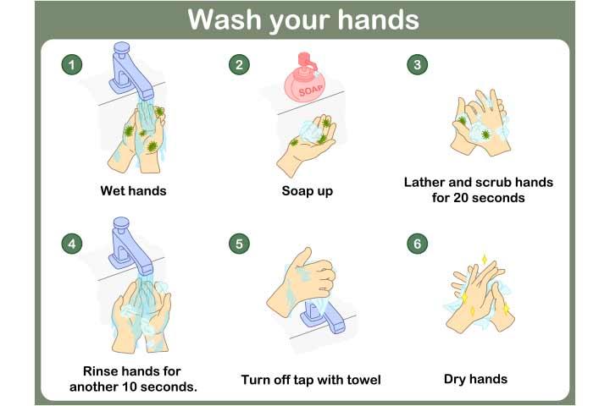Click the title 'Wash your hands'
coord(305,19)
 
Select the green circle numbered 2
coord(241,64)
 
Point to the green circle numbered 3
coord(415,64)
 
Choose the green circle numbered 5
coord(241,244)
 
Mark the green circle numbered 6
coord(415,244)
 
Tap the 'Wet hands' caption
coord(133,191)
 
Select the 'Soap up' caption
coord(307,191)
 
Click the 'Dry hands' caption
coord(475,379)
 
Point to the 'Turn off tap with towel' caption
coord(311,379)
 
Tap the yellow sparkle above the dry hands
coord(485,258)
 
